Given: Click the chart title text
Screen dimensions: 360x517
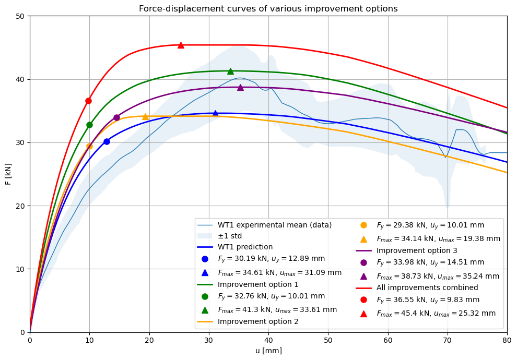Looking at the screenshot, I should (x=268, y=9).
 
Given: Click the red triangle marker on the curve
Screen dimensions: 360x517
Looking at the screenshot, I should (x=181, y=45).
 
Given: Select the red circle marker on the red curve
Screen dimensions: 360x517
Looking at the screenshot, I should (x=88, y=101).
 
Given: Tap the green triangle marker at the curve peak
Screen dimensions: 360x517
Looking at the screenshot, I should (x=230, y=71).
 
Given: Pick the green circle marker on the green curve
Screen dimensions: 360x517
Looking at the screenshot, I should (x=89, y=125).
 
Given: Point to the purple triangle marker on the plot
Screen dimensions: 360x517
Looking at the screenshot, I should (x=240, y=87).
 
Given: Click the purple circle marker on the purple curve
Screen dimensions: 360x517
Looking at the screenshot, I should (x=116, y=117).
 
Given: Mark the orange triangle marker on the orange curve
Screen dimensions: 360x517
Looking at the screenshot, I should (x=145, y=116).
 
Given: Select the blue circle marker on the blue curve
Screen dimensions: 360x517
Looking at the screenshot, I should (x=107, y=141).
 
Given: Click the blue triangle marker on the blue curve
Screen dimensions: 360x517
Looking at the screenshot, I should (x=215, y=113).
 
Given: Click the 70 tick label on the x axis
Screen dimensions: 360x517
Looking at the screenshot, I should (x=448, y=340).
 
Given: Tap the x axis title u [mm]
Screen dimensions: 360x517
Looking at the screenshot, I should (x=268, y=351).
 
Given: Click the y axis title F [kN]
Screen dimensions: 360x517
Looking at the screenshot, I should (x=8, y=174).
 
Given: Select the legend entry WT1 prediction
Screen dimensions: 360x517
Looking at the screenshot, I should (x=245, y=247).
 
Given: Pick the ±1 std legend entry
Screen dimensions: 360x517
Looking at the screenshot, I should (x=230, y=236).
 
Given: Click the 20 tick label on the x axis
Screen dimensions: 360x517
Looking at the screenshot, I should (x=149, y=340).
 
